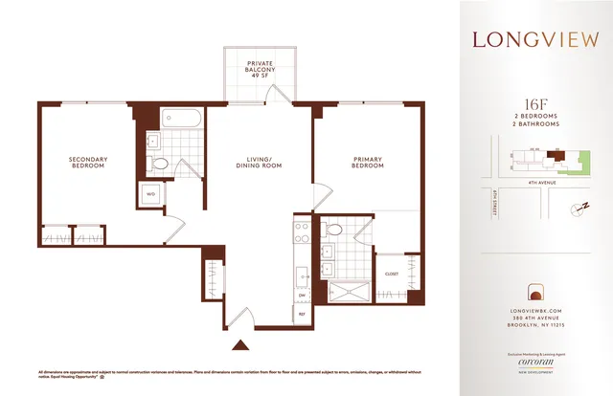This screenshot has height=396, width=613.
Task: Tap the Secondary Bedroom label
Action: [x=87, y=163]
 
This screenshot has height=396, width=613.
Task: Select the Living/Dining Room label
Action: [x=259, y=163]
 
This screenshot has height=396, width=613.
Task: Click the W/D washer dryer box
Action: [x=150, y=194]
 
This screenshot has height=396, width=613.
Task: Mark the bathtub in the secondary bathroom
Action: [x=181, y=121]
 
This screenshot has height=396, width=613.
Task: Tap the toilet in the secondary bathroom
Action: [x=162, y=166]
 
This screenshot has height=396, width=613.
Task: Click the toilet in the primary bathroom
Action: [x=332, y=231]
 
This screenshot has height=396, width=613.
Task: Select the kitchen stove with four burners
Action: [x=300, y=233]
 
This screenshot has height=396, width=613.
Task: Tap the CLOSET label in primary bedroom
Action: [x=391, y=273]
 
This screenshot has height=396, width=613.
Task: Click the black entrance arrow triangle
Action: [x=241, y=345]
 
